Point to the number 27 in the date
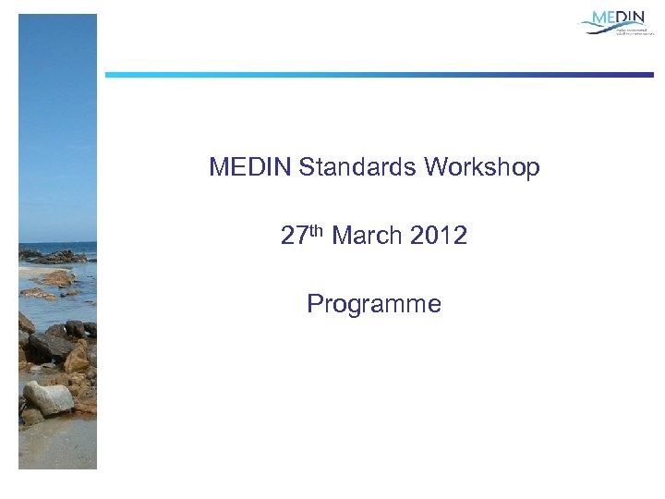tap(294, 237)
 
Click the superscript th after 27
tap(316, 230)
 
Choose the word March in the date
tap(368, 237)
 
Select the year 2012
tap(440, 237)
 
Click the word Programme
tap(374, 304)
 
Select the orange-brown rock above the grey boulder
tap(76, 359)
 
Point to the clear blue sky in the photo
tap(55, 111)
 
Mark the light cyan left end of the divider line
tap(115, 75)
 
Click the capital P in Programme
tap(315, 304)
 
